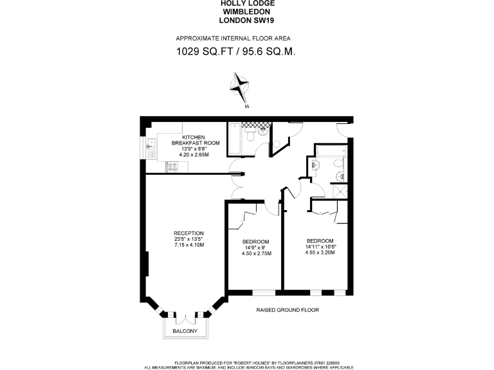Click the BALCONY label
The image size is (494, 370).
pos(185,332)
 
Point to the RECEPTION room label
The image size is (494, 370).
pos(188,233)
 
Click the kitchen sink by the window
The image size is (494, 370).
pos(150,148)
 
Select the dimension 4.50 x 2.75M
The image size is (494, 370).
pos(256,253)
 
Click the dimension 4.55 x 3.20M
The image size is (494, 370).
pos(320,252)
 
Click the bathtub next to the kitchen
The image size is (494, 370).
pos(235,139)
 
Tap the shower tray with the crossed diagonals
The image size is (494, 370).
pos(341,190)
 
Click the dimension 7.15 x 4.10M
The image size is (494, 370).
pos(188,245)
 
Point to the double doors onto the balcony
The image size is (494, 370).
pos(185,317)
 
